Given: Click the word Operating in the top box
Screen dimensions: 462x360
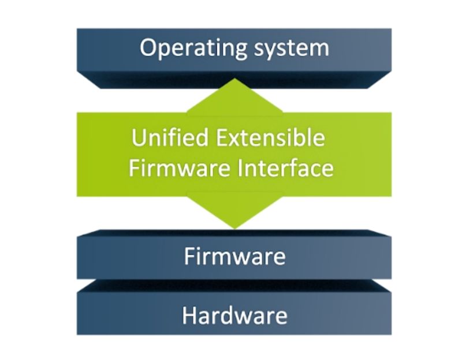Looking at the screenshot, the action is [193, 48].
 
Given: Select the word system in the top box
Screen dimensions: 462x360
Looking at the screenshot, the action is [292, 49].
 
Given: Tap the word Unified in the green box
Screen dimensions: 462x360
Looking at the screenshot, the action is [170, 137].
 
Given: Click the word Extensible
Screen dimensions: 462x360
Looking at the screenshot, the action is [270, 137].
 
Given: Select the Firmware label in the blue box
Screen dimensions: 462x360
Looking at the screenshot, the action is [235, 256].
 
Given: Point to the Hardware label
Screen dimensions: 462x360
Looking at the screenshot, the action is [234, 315].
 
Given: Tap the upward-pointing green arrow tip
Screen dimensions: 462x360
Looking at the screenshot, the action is [234, 78].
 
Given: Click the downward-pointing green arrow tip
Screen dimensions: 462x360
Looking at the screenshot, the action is [235, 228].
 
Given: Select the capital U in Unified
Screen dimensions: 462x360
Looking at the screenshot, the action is [139, 137].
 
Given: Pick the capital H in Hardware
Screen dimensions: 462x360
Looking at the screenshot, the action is [189, 315].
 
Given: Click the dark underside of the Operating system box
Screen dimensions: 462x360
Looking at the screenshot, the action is [234, 80].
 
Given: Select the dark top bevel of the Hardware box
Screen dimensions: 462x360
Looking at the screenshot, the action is [234, 286].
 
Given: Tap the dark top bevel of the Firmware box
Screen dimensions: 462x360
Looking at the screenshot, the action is [234, 233].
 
